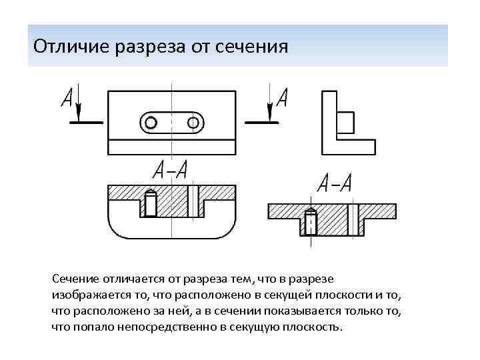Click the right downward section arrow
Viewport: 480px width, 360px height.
coord(269,105)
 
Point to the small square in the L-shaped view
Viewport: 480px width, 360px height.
coord(346,123)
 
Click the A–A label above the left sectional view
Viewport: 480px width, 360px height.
coord(169,170)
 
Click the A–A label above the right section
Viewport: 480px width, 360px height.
coord(335,183)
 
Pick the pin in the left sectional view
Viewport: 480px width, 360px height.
coord(151,203)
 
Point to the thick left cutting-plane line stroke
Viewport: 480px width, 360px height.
coord(86,123)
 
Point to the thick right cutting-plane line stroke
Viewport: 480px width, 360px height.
coord(261,123)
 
